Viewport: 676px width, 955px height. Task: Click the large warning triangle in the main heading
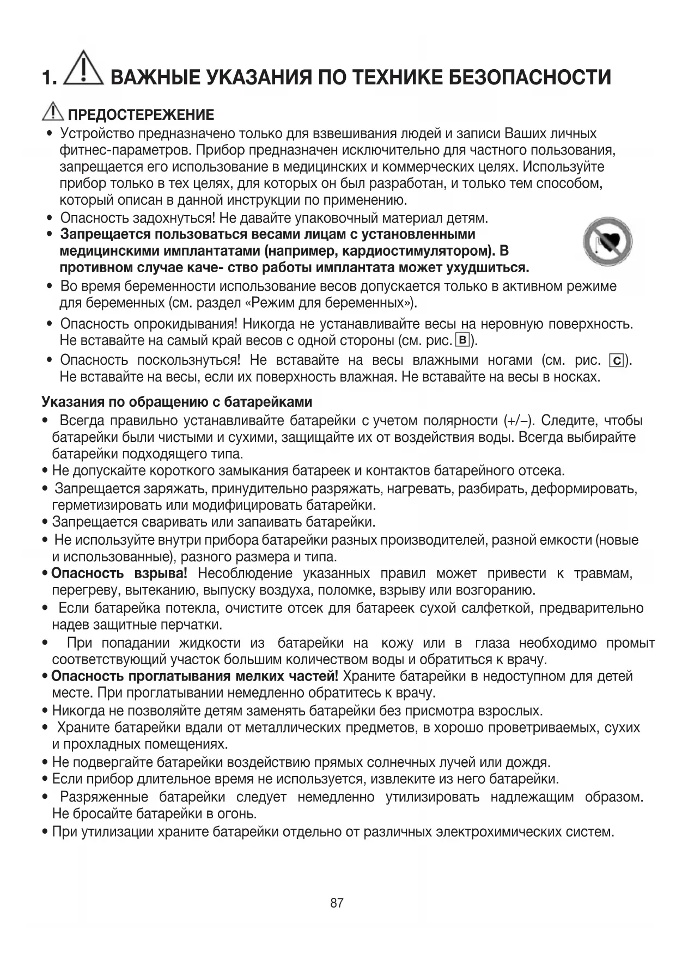(83, 69)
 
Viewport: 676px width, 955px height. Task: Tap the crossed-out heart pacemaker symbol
(607, 242)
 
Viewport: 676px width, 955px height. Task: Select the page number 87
(337, 903)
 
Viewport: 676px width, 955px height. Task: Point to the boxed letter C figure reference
(617, 361)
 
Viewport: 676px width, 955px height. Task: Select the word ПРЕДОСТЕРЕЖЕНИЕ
(141, 115)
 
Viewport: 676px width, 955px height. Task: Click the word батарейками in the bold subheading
(269, 402)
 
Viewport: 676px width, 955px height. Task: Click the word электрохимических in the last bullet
(485, 832)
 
